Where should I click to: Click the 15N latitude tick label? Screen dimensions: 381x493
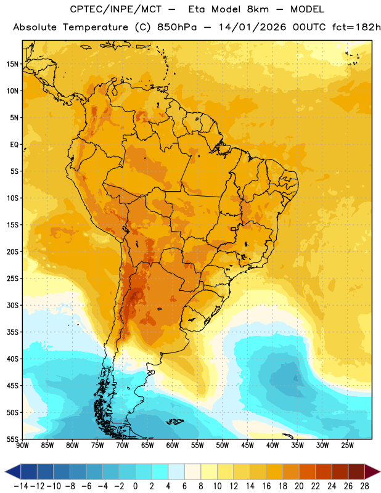click(x=12, y=64)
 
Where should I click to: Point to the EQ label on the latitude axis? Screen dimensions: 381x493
click(x=14, y=145)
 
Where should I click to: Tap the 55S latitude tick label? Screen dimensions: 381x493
click(x=12, y=439)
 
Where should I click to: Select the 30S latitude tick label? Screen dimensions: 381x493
click(x=12, y=305)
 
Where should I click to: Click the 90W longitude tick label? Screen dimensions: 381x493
click(x=22, y=446)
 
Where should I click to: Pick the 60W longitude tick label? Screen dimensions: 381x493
click(x=173, y=446)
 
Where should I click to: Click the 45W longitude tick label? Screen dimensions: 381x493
click(x=247, y=446)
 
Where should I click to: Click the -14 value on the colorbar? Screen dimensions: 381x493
click(x=21, y=486)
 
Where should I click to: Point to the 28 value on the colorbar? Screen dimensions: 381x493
click(x=364, y=486)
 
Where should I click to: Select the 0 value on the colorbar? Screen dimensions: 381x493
click(x=135, y=486)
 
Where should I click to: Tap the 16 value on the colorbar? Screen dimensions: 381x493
click(x=266, y=486)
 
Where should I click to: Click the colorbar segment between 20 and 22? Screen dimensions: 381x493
click(x=307, y=472)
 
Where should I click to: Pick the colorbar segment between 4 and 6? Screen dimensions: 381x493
click(x=176, y=472)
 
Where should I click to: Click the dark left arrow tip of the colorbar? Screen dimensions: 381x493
click(x=6, y=472)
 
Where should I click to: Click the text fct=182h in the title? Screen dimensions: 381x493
click(x=356, y=27)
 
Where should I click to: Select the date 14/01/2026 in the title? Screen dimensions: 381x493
click(x=252, y=27)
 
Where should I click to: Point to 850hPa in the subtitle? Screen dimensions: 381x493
click(x=177, y=27)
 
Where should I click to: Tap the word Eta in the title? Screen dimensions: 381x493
click(x=197, y=9)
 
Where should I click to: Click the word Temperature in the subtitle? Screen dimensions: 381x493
click(x=96, y=28)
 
